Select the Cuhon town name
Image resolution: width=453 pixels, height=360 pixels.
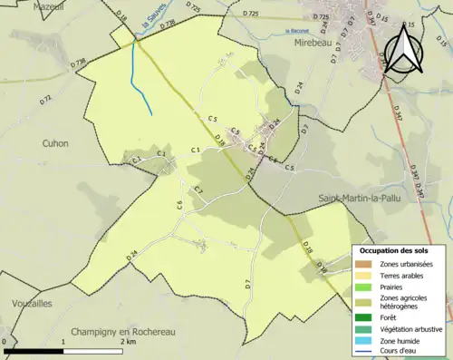coord(55,143)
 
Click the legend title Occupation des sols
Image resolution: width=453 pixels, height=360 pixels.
coord(395,250)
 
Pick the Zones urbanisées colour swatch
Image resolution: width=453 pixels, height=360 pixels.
coord(364,264)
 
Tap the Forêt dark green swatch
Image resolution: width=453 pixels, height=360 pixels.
coord(364,317)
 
